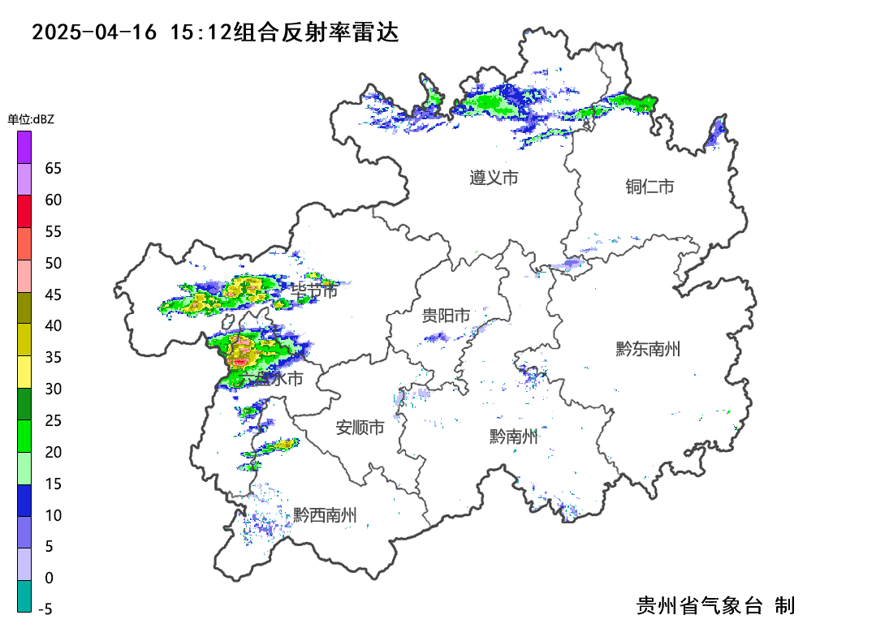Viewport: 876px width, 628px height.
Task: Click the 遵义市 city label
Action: (x=494, y=178)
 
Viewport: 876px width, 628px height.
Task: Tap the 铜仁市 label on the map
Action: (x=649, y=187)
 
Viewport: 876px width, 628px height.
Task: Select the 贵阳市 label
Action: (x=446, y=316)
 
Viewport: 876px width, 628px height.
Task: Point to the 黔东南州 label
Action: (x=647, y=350)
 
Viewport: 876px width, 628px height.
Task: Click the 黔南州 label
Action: (x=513, y=437)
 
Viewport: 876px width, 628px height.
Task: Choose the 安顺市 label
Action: (x=360, y=428)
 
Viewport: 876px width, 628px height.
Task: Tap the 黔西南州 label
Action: (x=325, y=514)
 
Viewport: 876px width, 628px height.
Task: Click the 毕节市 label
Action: (x=314, y=291)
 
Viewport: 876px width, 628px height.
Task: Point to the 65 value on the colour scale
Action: (x=54, y=169)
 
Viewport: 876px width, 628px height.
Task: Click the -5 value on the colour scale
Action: (x=45, y=609)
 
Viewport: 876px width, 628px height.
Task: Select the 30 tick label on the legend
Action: (x=54, y=389)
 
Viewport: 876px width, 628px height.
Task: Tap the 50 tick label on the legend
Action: (x=54, y=264)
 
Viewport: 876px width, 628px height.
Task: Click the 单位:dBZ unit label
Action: (x=31, y=119)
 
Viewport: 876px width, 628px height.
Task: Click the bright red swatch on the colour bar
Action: (x=24, y=211)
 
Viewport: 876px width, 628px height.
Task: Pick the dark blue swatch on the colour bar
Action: (x=24, y=500)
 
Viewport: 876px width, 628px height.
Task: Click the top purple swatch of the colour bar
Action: (x=24, y=147)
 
